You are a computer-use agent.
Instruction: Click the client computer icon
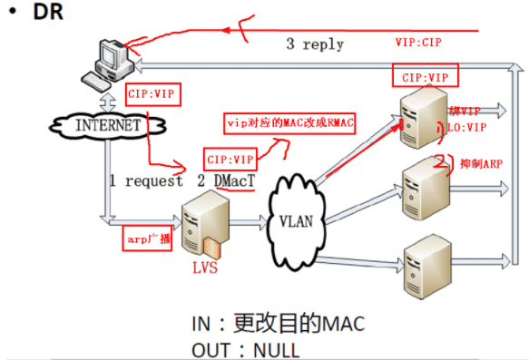pos(106,66)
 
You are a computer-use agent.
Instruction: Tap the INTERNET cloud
pos(107,126)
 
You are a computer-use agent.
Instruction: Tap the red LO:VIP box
pos(465,129)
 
